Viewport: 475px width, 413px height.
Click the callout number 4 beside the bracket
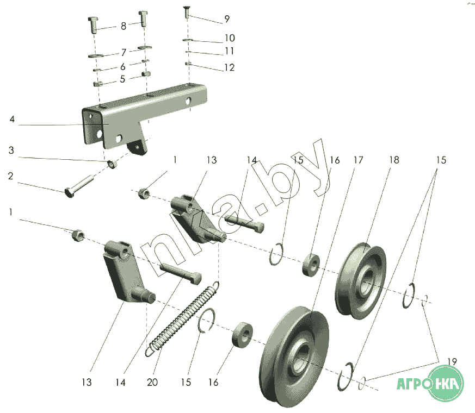point(12,119)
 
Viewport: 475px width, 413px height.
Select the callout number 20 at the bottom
point(152,383)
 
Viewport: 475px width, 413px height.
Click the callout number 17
point(359,160)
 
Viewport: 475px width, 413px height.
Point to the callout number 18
point(394,160)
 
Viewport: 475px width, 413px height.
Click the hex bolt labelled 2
point(79,186)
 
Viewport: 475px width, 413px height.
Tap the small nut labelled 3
point(113,164)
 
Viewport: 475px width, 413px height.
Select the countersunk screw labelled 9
point(187,12)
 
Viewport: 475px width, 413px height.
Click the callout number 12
point(229,67)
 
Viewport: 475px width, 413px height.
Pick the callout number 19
point(452,361)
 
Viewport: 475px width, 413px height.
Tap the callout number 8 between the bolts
point(124,26)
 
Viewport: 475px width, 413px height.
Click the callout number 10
point(230,38)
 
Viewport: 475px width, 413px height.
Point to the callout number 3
point(11,150)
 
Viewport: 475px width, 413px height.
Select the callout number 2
point(10,176)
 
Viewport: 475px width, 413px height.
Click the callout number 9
point(227,19)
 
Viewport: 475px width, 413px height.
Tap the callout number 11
point(229,51)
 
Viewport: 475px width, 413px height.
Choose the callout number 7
point(124,53)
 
